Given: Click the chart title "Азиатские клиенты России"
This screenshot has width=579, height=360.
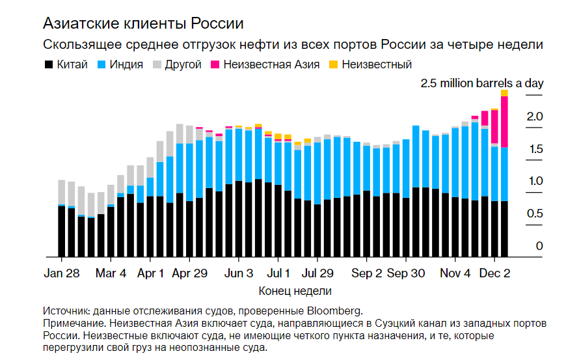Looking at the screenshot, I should [x=143, y=24].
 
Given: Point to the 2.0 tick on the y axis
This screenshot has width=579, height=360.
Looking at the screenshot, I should [x=535, y=117].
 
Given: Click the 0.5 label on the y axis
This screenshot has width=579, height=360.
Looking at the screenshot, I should [x=535, y=214].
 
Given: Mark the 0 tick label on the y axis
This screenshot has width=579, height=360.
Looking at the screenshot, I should [x=539, y=246].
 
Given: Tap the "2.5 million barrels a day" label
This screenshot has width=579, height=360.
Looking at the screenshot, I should [x=481, y=83].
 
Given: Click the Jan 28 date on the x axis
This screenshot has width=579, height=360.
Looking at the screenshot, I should [x=62, y=273].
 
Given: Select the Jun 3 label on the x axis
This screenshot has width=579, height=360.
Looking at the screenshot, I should [x=239, y=273].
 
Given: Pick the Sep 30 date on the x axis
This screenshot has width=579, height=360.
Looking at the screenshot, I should [x=406, y=273].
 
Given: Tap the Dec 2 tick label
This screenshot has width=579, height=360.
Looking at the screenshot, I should [x=494, y=273].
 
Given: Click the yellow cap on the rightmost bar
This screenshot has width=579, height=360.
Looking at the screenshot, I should [x=504, y=93].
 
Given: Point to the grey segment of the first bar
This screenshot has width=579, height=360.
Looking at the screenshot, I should [x=62, y=192].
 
